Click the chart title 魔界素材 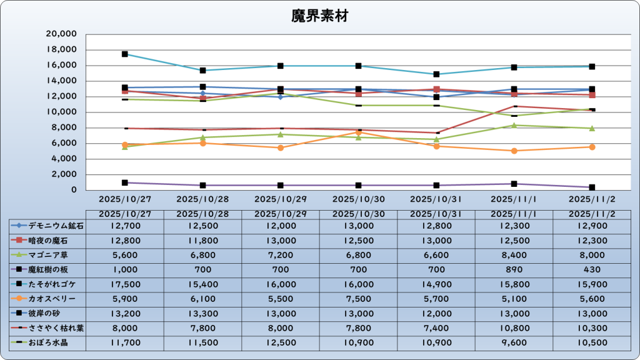point(319,16)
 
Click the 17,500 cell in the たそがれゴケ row point(124,284)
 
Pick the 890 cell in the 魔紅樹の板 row point(514,270)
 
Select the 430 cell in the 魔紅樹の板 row point(592,270)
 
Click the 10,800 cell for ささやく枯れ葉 point(514,329)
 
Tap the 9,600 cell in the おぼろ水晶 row point(514,343)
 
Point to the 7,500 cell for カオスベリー point(358,299)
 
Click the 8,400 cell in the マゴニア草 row point(514,255)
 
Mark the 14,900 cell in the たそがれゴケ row point(436,284)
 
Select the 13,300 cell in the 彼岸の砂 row point(202,314)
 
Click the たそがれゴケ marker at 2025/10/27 point(125,54)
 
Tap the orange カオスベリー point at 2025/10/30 point(358,132)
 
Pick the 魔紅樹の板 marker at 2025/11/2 point(591,187)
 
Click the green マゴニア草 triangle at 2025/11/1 point(514,125)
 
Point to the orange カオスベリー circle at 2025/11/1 point(514,151)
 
